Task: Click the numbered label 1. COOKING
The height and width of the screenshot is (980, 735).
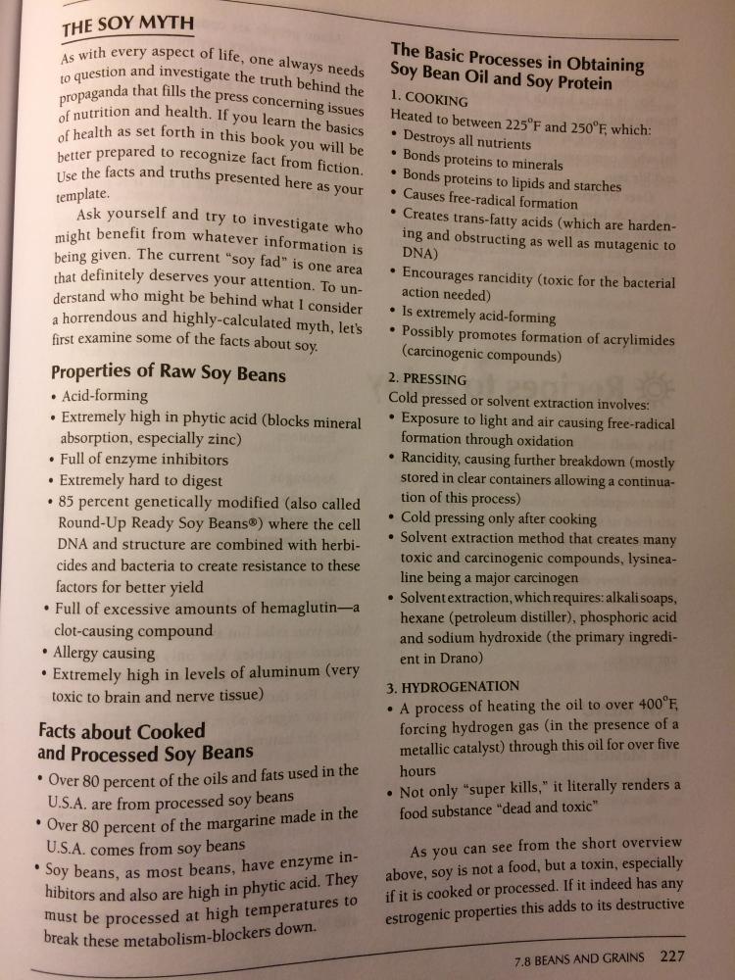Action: point(429,99)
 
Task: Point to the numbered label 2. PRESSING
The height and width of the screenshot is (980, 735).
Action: point(428,379)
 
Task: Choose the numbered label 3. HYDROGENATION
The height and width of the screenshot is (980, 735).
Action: point(454,685)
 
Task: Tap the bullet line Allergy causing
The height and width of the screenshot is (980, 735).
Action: point(108,653)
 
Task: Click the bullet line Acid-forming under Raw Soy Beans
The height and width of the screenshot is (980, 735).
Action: point(105,396)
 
